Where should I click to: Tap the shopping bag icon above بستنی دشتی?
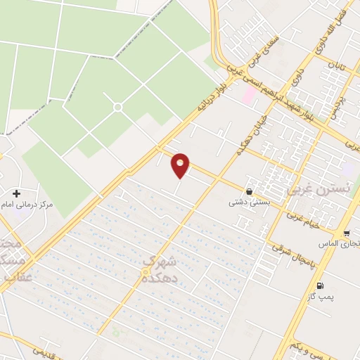click(249, 191)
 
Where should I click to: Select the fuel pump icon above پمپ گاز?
click(321, 285)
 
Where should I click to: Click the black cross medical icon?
click(15, 193)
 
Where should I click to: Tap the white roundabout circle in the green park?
click(117, 107)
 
